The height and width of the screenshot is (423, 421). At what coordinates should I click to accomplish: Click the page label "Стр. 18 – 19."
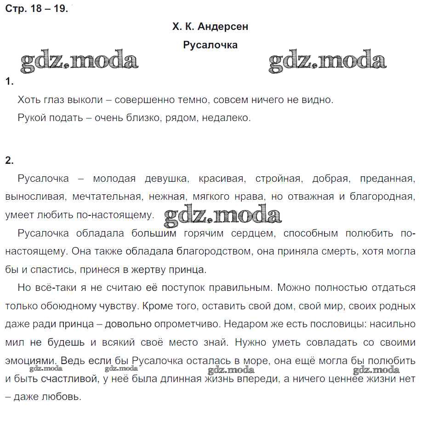click(x=36, y=9)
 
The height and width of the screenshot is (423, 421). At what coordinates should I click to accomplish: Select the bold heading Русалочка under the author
click(x=210, y=45)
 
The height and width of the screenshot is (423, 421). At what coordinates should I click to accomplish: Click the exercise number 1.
click(x=9, y=82)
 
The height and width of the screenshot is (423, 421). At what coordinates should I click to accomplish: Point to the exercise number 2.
click(x=9, y=161)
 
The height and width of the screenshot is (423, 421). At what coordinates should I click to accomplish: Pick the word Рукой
click(x=31, y=118)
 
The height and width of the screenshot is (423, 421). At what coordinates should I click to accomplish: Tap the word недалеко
click(x=228, y=118)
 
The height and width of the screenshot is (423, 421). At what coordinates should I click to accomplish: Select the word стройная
click(x=279, y=179)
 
